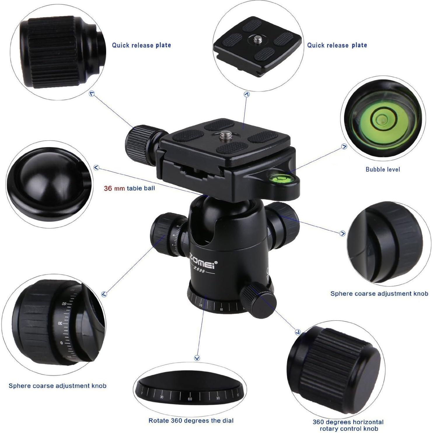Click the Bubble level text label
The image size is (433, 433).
click(x=383, y=169)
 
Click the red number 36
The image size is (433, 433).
click(x=108, y=188)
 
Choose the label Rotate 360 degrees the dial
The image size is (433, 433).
click(x=191, y=420)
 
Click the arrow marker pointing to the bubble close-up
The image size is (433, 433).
click(x=344, y=147)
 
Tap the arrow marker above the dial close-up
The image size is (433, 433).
click(x=197, y=358)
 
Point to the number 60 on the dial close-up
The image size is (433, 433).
click(x=190, y=399)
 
